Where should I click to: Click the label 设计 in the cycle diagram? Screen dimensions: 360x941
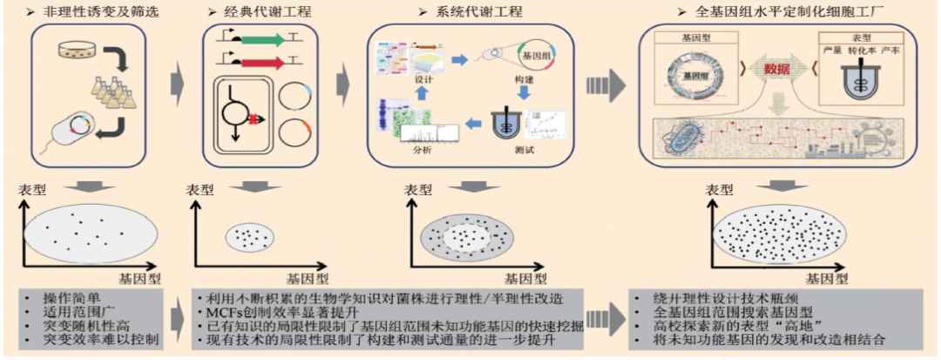pos(424,77)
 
